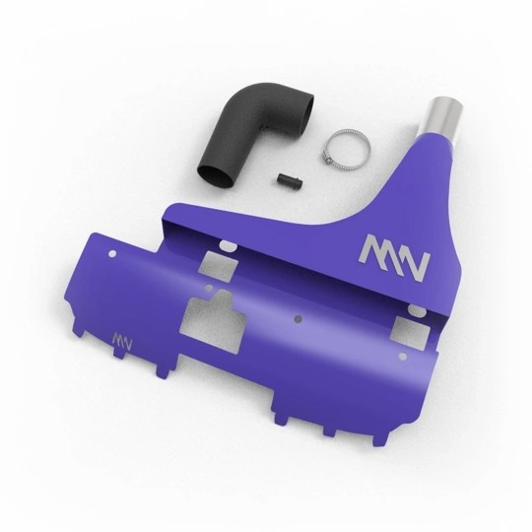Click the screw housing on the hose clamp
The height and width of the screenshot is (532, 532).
pos(328,159)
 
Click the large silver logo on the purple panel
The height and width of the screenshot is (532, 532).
pos(394,258)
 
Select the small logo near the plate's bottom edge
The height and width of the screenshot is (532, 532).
pos(122,341)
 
